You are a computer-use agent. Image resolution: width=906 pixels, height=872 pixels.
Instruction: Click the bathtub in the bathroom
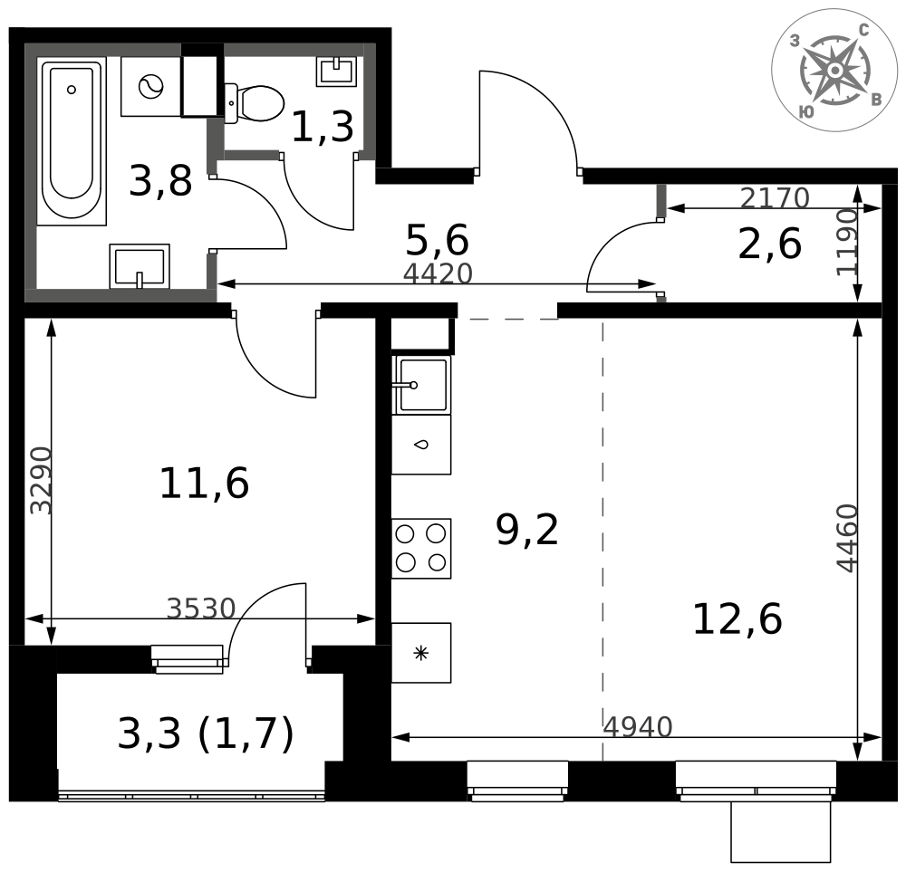pyautogui.click(x=72, y=140)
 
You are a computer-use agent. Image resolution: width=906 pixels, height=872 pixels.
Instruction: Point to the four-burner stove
pyautogui.click(x=421, y=548)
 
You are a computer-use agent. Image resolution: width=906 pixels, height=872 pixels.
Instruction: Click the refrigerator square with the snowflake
pyautogui.click(x=421, y=653)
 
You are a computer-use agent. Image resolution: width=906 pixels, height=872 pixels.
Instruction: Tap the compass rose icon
pyautogui.click(x=834, y=71)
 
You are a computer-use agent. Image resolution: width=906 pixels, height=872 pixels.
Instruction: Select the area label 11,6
pyautogui.click(x=204, y=484)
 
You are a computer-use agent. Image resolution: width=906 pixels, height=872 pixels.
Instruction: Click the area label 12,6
pyautogui.click(x=737, y=620)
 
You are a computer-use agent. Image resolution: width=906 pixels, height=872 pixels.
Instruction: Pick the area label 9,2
pyautogui.click(x=527, y=530)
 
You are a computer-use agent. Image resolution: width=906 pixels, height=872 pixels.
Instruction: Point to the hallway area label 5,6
pyautogui.click(x=437, y=241)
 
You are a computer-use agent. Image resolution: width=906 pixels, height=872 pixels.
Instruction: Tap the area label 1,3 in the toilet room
pyautogui.click(x=322, y=128)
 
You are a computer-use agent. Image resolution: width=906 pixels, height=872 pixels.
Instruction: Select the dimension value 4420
pyautogui.click(x=438, y=273)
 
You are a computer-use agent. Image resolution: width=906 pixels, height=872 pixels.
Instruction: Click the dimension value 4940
pyautogui.click(x=638, y=726)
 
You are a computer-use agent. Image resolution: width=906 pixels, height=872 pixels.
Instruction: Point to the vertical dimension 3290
pyautogui.click(x=41, y=480)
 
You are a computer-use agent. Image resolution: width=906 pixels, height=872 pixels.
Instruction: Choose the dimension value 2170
pyautogui.click(x=775, y=197)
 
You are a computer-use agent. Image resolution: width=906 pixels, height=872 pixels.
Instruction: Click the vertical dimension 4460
pyautogui.click(x=847, y=538)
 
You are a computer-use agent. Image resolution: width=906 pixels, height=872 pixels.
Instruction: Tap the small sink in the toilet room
pyautogui.click(x=335, y=71)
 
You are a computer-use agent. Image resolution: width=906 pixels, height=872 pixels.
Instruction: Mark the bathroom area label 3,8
pyautogui.click(x=160, y=181)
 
